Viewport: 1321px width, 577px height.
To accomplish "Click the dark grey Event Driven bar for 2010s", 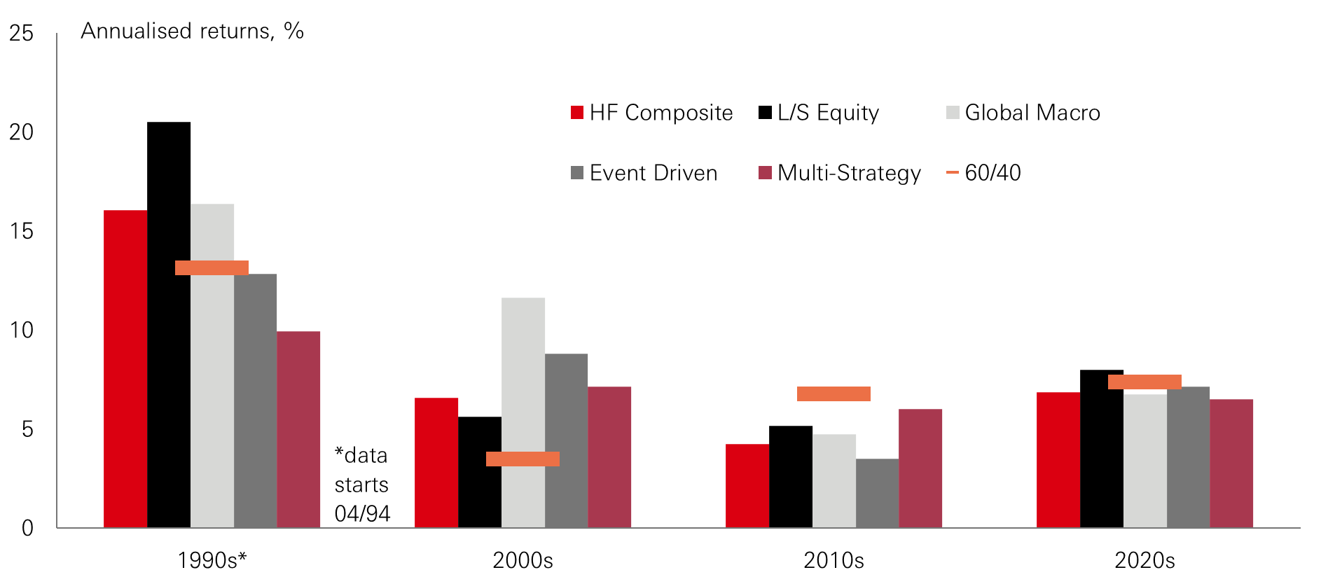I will click(877, 493).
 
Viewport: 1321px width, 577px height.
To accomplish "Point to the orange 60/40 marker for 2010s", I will click(834, 394).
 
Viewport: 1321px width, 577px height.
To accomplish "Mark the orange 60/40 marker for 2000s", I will click(523, 459).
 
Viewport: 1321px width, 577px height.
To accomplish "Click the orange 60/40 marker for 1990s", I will click(212, 267).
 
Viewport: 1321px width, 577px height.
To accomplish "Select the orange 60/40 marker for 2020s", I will click(1144, 382).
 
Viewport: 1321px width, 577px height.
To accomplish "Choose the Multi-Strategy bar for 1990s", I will click(298, 429).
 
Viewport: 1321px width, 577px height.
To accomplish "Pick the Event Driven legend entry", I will click(644, 173).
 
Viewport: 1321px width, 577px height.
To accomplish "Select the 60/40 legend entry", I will click(983, 173).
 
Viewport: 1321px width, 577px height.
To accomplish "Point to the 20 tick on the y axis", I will click(22, 132).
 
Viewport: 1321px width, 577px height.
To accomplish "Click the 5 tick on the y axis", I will click(27, 429).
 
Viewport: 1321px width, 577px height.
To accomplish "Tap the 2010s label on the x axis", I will click(834, 560).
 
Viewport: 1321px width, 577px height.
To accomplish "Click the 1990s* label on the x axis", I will click(212, 560).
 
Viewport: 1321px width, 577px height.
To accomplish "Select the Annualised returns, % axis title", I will click(192, 31).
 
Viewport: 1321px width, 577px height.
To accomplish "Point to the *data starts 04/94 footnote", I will click(361, 485).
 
